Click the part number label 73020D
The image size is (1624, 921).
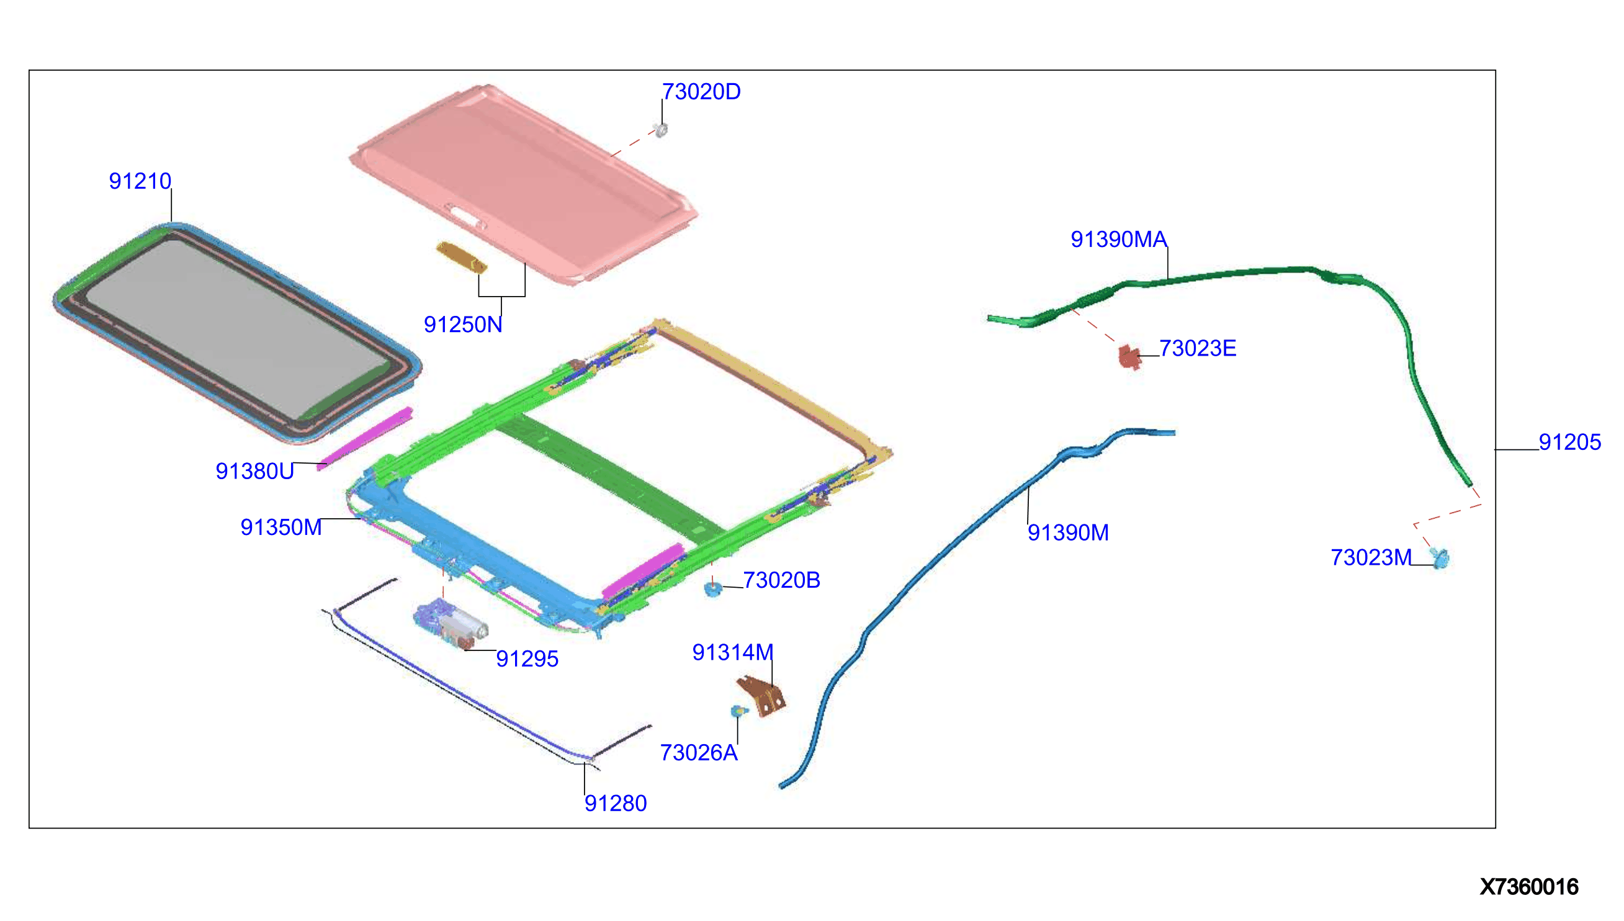point(701,92)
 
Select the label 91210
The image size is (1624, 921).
point(140,182)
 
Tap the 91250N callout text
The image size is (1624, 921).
point(463,325)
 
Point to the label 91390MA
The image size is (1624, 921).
point(1118,239)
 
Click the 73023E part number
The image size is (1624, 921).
point(1197,349)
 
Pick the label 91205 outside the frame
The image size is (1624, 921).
point(1569,442)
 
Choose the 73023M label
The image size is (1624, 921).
point(1370,557)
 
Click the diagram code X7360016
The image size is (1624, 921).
point(1528,887)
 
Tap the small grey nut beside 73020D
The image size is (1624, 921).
point(661,130)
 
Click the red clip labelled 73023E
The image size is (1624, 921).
point(1129,357)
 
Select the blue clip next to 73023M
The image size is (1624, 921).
point(1440,558)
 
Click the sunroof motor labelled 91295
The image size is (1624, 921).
point(451,624)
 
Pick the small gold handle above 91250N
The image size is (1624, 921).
point(462,257)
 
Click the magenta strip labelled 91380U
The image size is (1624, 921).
point(366,438)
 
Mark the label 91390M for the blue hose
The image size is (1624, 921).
point(1067,532)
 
